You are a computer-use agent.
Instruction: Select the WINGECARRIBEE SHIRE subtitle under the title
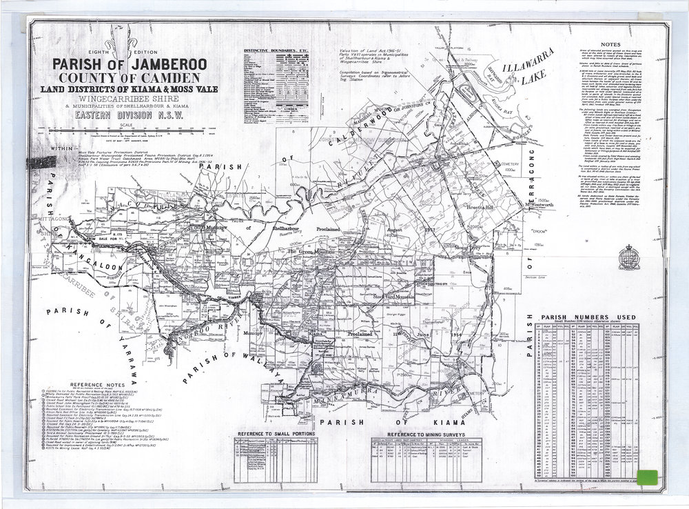[x=130, y=97]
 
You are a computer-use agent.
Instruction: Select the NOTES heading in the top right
[x=610, y=43]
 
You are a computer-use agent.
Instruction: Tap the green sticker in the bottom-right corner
[x=648, y=477]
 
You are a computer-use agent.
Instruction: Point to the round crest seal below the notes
[x=628, y=258]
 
